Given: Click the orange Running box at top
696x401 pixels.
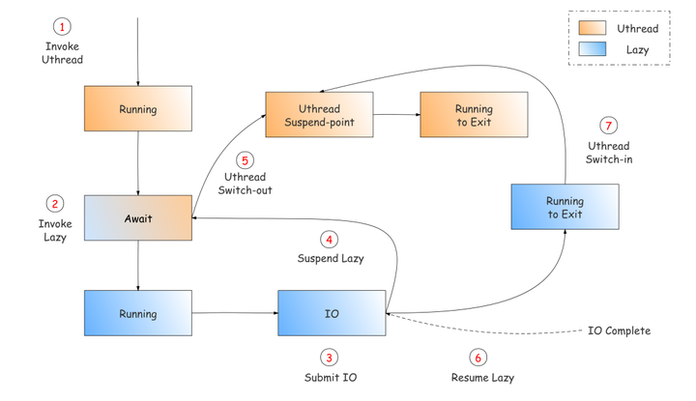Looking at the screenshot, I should [x=138, y=109].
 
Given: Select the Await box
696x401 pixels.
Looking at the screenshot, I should [x=138, y=218].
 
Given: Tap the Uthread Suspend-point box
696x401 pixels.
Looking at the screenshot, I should [x=320, y=115].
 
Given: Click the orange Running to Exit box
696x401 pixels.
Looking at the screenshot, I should [x=474, y=115].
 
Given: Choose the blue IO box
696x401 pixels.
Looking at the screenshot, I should [x=332, y=314].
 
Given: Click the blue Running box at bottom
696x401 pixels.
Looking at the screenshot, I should [x=138, y=314].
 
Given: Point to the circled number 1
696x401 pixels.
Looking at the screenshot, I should [x=63, y=26].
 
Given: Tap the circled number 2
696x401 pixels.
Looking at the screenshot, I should [x=55, y=204].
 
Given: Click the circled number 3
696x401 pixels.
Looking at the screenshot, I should [x=332, y=357].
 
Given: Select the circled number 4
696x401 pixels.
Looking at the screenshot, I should [x=330, y=239].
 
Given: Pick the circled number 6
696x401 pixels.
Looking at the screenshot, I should [x=478, y=357].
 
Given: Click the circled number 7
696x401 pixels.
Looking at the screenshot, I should [x=608, y=126].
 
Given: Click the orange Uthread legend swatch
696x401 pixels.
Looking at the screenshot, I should [x=592, y=28].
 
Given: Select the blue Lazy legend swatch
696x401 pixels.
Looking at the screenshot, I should [x=592, y=48].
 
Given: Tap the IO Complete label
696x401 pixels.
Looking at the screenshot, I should [x=619, y=330].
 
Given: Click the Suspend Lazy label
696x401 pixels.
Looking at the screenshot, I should [x=330, y=259].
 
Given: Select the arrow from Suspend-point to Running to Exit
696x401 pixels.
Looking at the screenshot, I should [x=396, y=115].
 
